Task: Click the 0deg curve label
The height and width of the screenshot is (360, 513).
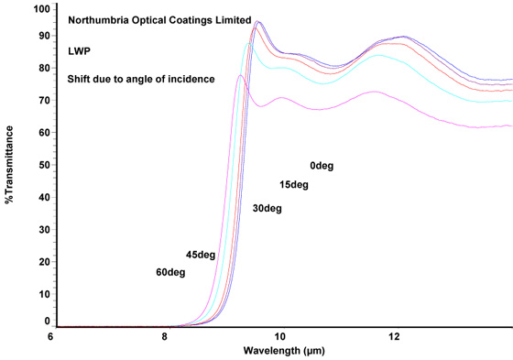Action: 322,166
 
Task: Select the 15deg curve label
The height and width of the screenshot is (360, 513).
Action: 294,185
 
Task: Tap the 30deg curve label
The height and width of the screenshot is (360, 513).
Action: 267,209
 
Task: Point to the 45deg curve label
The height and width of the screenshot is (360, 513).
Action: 201,255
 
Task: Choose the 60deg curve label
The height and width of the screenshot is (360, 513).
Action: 170,272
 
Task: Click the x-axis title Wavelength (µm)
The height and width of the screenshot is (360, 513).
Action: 283,351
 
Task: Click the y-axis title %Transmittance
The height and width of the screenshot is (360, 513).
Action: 10,165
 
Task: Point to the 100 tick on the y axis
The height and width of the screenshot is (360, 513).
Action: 41,9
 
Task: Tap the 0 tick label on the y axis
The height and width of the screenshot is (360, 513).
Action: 47,322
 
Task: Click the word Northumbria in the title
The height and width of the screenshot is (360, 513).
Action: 101,19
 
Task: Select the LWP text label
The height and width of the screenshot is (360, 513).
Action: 80,49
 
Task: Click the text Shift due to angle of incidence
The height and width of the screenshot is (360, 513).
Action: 141,80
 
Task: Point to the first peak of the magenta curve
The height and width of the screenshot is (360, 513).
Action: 240,75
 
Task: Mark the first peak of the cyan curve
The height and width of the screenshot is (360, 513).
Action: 248,44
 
